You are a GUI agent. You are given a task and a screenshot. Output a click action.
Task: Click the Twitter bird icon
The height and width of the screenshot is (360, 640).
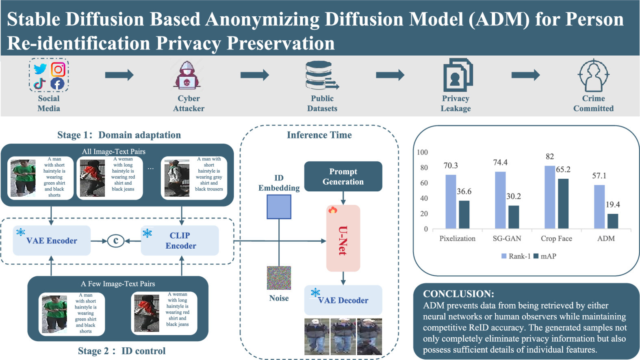point(40,69)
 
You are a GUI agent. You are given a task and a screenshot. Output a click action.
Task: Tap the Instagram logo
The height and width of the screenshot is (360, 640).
point(58,69)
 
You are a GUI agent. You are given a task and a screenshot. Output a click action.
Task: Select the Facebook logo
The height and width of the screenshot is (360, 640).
point(57,84)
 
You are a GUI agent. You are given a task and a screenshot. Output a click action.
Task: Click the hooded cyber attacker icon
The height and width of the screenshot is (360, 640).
point(187,75)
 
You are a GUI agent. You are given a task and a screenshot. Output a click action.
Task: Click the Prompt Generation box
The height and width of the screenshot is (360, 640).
point(343,176)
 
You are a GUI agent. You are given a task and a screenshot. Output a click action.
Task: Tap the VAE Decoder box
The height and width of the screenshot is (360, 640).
point(343,300)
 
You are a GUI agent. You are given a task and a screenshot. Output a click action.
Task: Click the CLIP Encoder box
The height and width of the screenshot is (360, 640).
point(180,241)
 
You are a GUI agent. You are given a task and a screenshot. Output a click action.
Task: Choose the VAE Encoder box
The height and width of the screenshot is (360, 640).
point(52,241)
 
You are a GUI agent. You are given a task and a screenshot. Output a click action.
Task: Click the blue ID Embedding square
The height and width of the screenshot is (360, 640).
point(279,207)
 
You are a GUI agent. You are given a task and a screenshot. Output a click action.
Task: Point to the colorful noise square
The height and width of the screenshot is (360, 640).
point(279,278)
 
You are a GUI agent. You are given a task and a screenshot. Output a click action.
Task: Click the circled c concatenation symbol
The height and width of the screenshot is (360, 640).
point(116,241)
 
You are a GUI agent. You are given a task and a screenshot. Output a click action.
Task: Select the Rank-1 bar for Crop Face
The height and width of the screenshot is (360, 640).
point(550,197)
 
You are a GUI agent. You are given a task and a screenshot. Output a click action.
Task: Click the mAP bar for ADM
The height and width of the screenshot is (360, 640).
point(612,221)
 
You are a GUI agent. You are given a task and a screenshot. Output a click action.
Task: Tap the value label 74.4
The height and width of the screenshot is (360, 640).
point(500,163)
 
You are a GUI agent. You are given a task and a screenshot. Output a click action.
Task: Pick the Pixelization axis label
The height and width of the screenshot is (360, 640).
point(457,239)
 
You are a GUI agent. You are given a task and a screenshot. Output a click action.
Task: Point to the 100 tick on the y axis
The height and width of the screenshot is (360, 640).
point(422,152)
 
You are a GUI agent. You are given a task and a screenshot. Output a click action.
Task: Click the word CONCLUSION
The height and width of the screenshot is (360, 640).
point(459,294)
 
